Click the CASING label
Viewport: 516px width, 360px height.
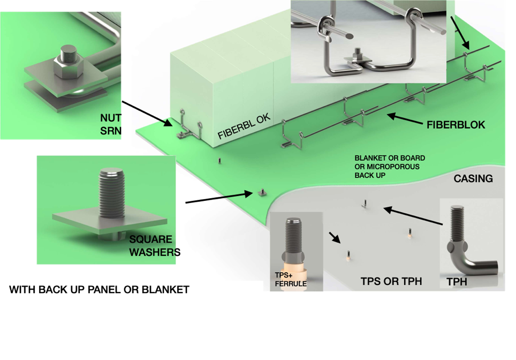[x=473, y=178]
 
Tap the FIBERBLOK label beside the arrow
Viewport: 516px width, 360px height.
[x=456, y=125]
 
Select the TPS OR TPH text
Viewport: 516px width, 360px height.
[x=391, y=281]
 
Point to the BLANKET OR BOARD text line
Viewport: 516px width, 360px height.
[x=390, y=158]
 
